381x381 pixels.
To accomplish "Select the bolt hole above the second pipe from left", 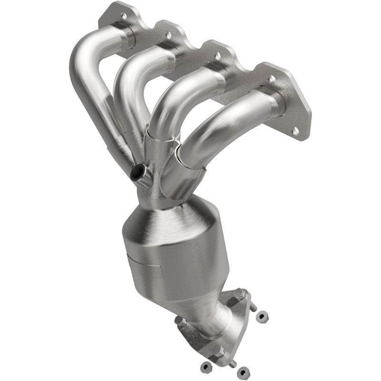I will coord(168,35).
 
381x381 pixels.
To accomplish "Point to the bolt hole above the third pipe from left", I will coord(218,56).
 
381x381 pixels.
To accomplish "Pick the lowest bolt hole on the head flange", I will coord(296,130).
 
